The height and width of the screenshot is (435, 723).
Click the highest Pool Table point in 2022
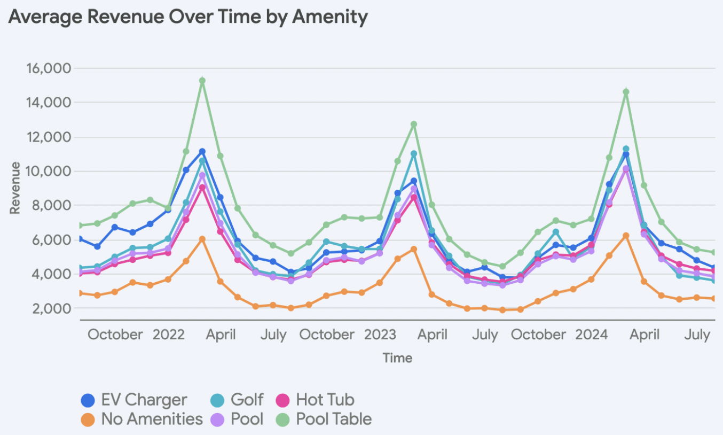202,81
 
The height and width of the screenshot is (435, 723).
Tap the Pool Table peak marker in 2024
626,92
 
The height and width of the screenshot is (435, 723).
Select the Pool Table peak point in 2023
414,124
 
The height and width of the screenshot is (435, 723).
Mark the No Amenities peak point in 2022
202,239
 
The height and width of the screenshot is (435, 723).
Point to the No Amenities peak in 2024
626,236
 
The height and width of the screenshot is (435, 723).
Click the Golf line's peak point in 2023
414,154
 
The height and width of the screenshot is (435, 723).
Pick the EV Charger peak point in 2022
202,152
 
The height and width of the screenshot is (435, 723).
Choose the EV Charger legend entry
133,400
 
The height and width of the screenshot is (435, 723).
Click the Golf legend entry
237,400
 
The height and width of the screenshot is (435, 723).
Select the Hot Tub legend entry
315,400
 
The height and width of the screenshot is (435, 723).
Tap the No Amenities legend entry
142,419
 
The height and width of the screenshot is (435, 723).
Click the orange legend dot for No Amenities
88,420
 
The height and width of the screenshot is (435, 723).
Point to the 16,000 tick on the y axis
49,68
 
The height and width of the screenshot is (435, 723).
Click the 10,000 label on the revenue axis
49,171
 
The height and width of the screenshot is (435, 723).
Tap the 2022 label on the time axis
169,335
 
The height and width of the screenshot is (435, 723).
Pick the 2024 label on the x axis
592,335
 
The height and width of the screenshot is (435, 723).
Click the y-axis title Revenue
15,188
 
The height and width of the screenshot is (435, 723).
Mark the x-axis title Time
398,358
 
